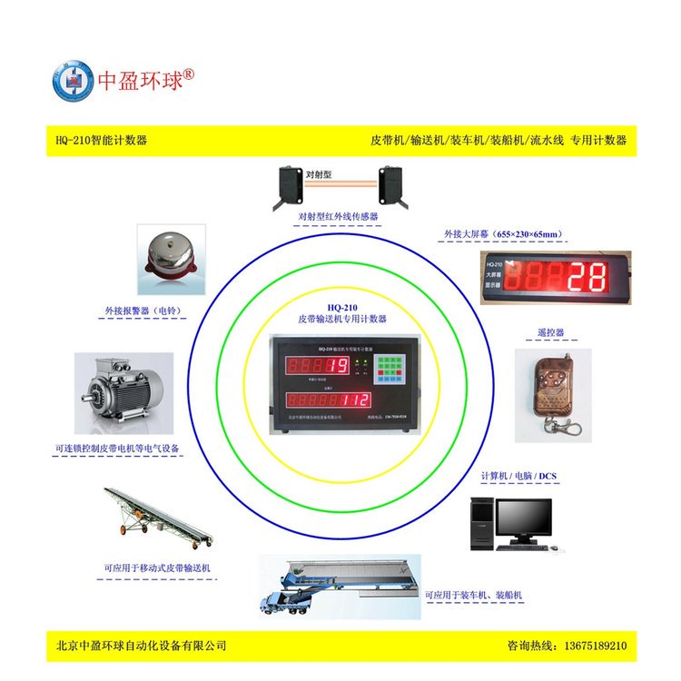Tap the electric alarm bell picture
(x=170, y=259)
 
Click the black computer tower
(x=483, y=524)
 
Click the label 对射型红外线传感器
(x=338, y=217)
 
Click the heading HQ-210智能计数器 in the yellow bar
(x=101, y=141)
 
